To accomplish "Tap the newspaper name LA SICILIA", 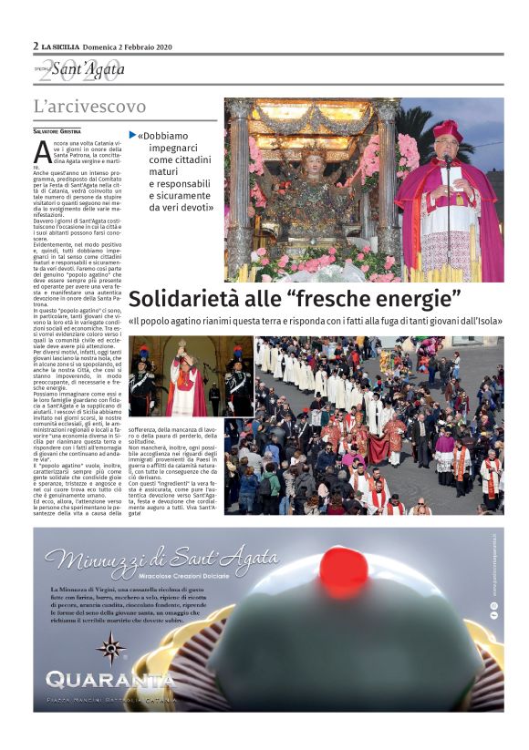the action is point(60,46).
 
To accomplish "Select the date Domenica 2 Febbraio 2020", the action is point(127,46).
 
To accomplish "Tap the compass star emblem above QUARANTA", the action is point(111,648).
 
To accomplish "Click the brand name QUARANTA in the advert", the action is point(109,681).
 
